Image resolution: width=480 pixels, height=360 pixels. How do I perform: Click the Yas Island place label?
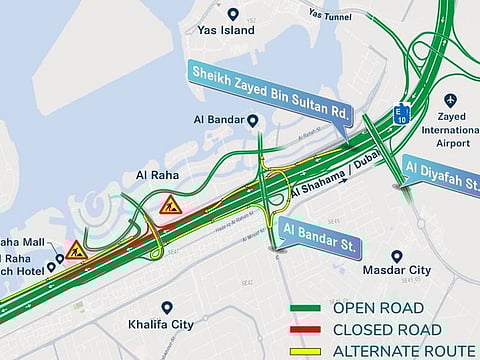(233, 30)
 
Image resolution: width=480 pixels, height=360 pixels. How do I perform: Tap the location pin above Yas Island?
(233, 14)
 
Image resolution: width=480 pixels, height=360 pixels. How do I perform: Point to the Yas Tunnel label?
(330, 14)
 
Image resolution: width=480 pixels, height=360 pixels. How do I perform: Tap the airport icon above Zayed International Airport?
(449, 100)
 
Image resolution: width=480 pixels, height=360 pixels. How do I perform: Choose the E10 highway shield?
(401, 114)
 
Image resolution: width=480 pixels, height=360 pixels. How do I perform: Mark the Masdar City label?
(397, 270)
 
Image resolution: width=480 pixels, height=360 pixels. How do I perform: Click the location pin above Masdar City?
(397, 256)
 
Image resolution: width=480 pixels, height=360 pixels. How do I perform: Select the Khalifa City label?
(167, 324)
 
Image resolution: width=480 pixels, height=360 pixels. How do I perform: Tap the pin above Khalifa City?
(167, 308)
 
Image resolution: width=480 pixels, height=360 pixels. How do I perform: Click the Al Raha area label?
(157, 176)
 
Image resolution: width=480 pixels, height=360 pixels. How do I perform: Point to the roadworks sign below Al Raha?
(171, 205)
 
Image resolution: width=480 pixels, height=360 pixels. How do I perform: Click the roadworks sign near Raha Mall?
(77, 250)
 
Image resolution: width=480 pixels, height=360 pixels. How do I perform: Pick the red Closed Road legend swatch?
(310, 330)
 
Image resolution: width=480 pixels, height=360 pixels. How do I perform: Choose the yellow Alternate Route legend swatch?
(310, 351)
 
